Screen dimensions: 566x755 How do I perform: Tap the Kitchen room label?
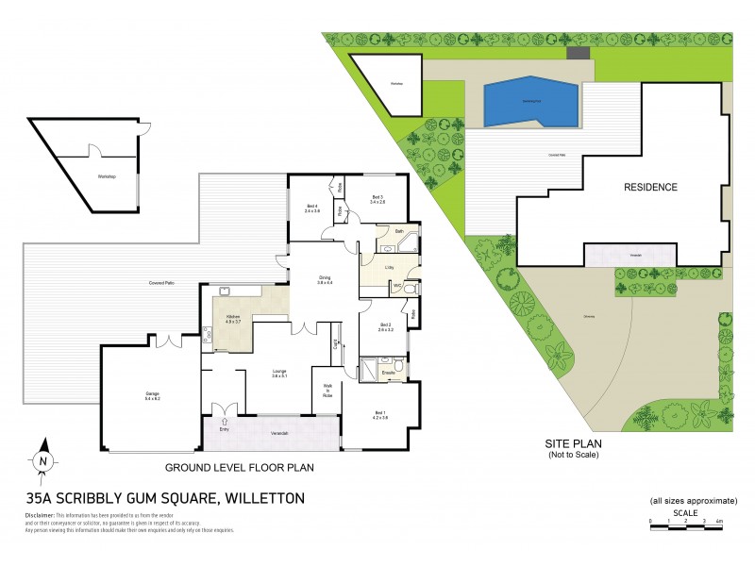(x=232, y=318)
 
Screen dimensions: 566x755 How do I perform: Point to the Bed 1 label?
(x=381, y=414)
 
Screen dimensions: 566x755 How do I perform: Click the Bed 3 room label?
(x=378, y=200)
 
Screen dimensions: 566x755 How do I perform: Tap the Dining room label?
(x=326, y=280)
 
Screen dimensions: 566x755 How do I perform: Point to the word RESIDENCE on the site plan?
(x=650, y=187)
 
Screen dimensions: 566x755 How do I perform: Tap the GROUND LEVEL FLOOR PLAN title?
(x=239, y=466)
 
